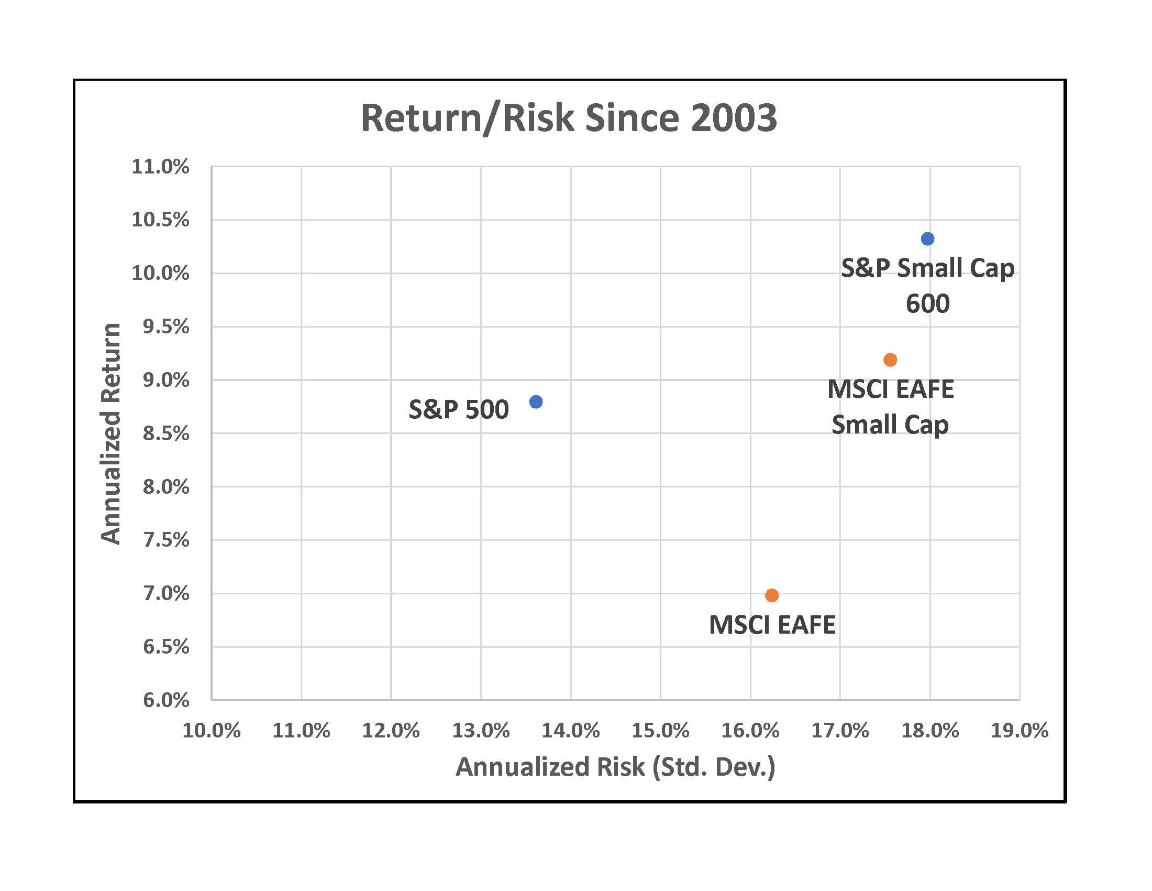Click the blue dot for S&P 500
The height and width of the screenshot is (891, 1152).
tap(535, 401)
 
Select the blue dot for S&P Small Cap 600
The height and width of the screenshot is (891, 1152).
tap(927, 238)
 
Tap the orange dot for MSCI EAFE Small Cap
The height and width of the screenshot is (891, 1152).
tap(890, 360)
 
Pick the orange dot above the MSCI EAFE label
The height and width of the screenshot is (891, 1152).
tap(772, 595)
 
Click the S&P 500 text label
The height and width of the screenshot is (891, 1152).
tap(458, 410)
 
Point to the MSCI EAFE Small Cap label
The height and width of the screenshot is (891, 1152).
tap(890, 406)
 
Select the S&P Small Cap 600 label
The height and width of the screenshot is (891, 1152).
tap(927, 285)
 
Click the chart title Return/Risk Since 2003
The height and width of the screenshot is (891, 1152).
tap(569, 118)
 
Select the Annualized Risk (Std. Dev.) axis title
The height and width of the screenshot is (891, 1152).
tap(615, 767)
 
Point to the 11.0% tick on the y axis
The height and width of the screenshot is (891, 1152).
tap(160, 167)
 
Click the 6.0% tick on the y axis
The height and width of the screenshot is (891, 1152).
tap(165, 700)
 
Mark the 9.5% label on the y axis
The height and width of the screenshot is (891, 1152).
tap(165, 327)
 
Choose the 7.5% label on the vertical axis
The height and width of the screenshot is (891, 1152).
tap(165, 540)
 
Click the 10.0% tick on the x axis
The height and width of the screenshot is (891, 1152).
tap(212, 731)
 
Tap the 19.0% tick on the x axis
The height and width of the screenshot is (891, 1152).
tap(1019, 731)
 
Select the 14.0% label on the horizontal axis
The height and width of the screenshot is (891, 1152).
tap(571, 731)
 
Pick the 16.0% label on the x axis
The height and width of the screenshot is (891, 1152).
tap(750, 731)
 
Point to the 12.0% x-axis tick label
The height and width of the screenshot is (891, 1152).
tap(391, 731)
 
